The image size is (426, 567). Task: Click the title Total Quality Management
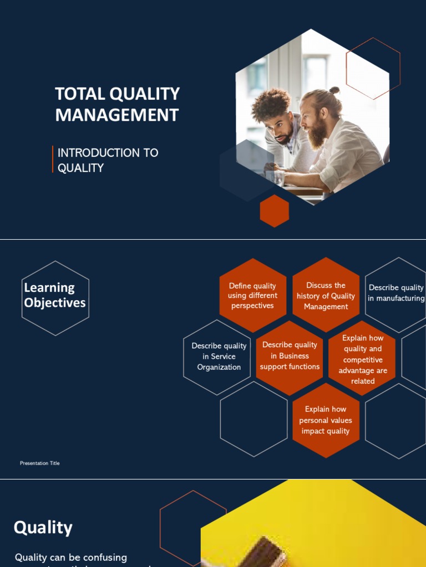(117, 104)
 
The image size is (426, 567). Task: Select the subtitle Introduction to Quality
(108, 160)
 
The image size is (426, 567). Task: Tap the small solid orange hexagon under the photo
(275, 211)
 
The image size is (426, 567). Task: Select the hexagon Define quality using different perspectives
(252, 296)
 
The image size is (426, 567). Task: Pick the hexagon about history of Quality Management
(326, 296)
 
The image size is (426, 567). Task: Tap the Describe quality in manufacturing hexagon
(396, 293)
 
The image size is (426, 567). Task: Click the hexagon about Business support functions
(290, 356)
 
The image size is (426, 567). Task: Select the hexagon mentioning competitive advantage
(363, 359)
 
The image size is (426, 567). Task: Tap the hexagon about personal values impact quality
(326, 420)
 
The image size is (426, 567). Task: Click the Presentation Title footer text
(39, 463)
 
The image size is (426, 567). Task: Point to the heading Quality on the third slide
(43, 527)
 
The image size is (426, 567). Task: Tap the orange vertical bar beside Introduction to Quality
(53, 159)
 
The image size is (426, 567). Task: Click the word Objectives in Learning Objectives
(55, 303)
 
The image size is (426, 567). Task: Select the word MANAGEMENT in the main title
(117, 115)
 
